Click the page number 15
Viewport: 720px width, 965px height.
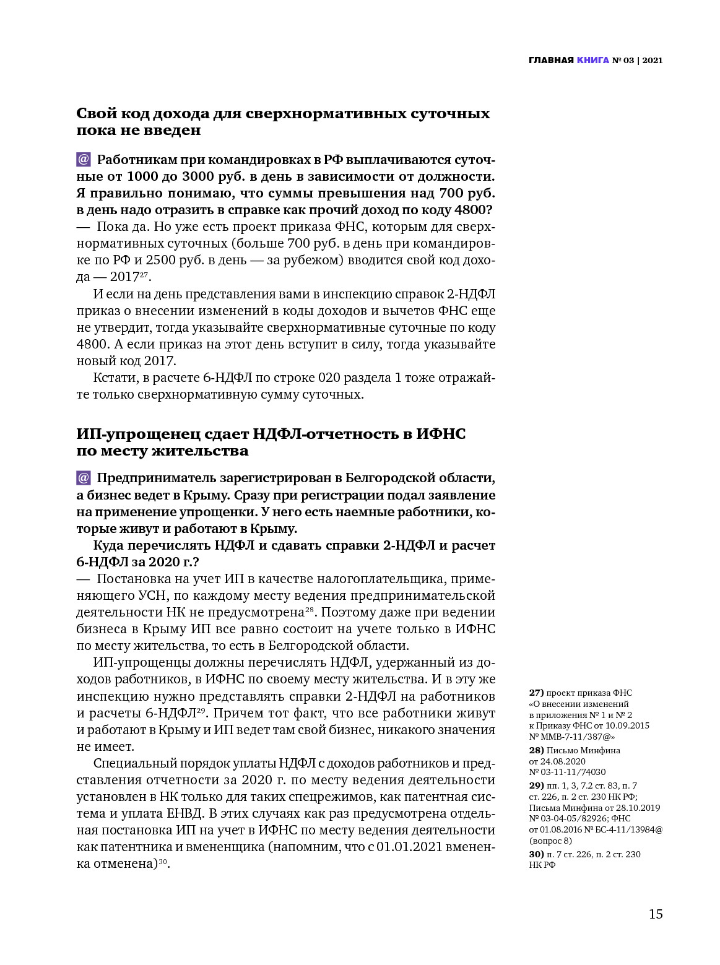click(x=656, y=914)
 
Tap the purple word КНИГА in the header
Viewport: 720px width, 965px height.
click(x=592, y=60)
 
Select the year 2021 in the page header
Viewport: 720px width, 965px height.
click(x=653, y=60)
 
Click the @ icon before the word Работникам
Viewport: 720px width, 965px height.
click(x=84, y=160)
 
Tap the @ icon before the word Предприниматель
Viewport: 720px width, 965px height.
click(x=84, y=478)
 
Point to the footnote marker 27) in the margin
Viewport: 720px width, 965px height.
click(x=536, y=693)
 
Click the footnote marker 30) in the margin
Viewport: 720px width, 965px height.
click(x=536, y=854)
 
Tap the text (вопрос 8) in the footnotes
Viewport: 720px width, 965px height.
click(x=550, y=841)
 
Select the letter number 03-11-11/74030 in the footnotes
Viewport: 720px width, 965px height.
click(x=572, y=772)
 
